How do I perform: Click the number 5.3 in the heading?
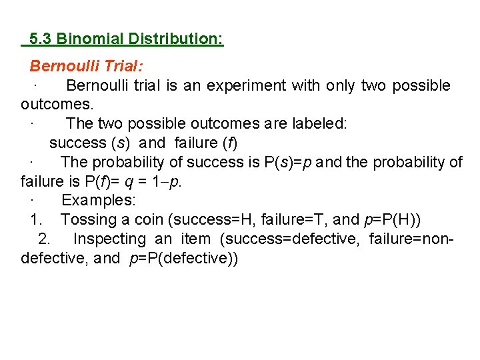pyautogui.click(x=41, y=39)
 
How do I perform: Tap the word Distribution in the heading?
pyautogui.click(x=172, y=39)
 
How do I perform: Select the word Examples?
pyautogui.click(x=98, y=201)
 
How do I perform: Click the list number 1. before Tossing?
pyautogui.click(x=36, y=220)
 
